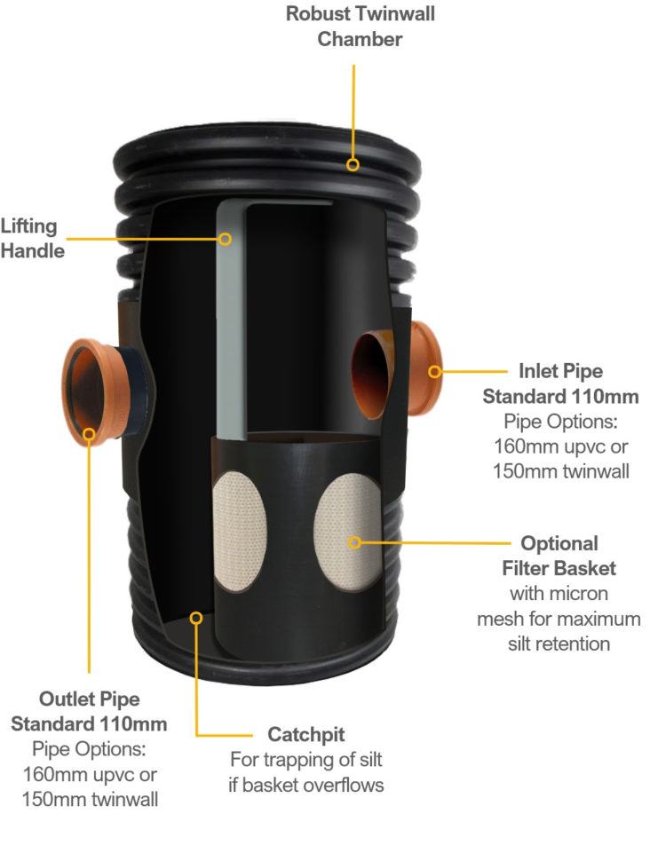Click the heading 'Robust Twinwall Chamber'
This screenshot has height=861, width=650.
(x=360, y=27)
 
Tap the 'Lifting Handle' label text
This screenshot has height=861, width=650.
(x=33, y=238)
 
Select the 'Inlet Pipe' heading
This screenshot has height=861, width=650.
(x=560, y=371)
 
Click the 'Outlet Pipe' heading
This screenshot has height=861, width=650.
(x=90, y=699)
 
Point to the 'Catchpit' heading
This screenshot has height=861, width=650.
(x=306, y=734)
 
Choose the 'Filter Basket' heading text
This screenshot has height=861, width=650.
(x=559, y=568)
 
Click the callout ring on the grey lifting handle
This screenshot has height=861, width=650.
(x=225, y=239)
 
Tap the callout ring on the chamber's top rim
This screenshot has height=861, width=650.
(x=353, y=164)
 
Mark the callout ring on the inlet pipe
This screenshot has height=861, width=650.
(x=434, y=372)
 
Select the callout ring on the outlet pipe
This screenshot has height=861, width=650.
(x=89, y=434)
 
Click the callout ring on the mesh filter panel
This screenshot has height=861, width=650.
(x=355, y=542)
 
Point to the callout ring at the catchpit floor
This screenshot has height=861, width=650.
(x=196, y=619)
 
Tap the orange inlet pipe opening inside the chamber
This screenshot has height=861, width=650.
(x=373, y=374)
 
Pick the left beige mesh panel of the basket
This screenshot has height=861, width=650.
(x=239, y=531)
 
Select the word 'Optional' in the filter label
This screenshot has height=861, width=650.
(x=559, y=543)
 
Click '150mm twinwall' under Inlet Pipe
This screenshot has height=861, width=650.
(x=560, y=471)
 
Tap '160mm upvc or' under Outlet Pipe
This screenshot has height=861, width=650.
(x=90, y=774)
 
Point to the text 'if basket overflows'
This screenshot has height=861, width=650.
(x=306, y=785)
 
